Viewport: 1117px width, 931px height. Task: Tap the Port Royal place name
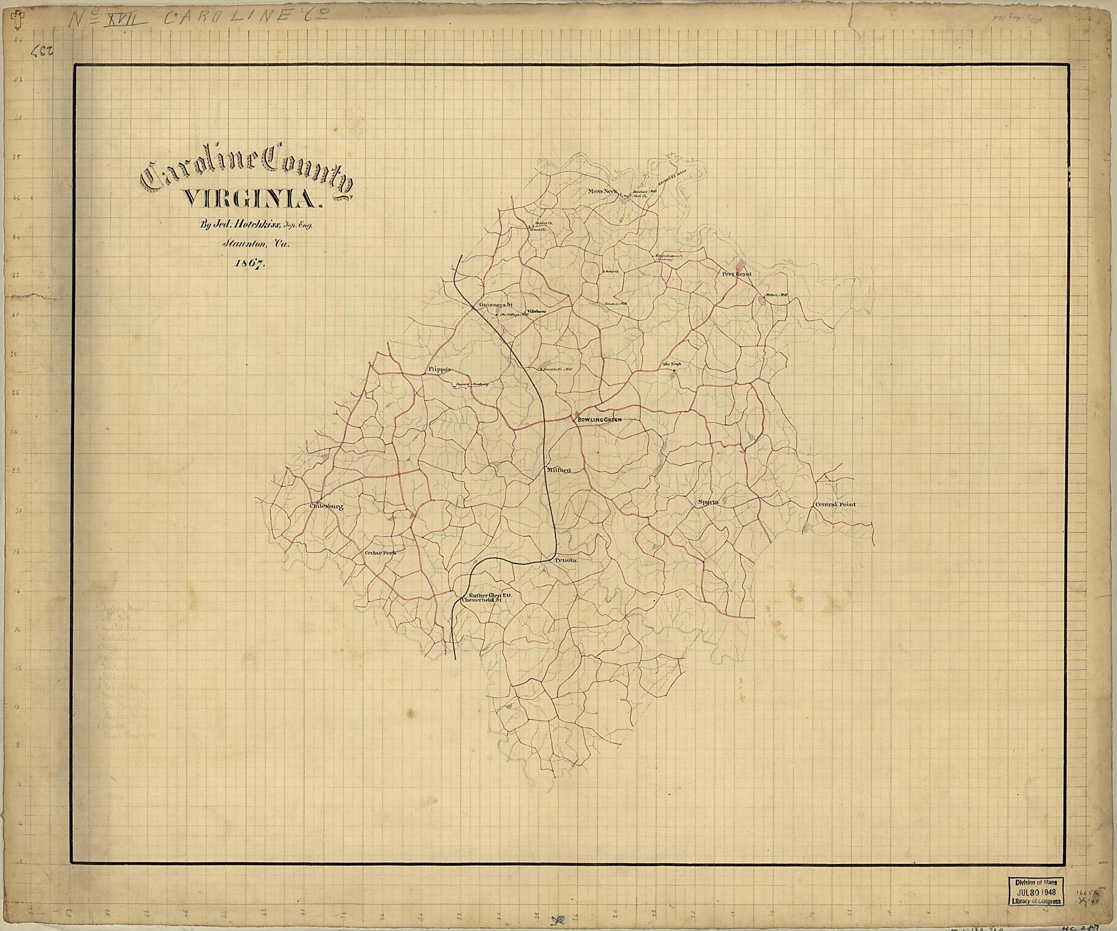pos(736,274)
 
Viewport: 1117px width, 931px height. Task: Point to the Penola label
pos(566,560)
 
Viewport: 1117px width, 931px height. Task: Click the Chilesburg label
pos(326,506)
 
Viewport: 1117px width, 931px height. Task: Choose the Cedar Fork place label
pos(380,553)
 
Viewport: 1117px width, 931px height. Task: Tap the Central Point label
pos(835,505)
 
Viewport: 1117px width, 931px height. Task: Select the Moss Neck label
pos(603,191)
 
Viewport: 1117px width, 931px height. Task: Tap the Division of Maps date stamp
pos(1035,906)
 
